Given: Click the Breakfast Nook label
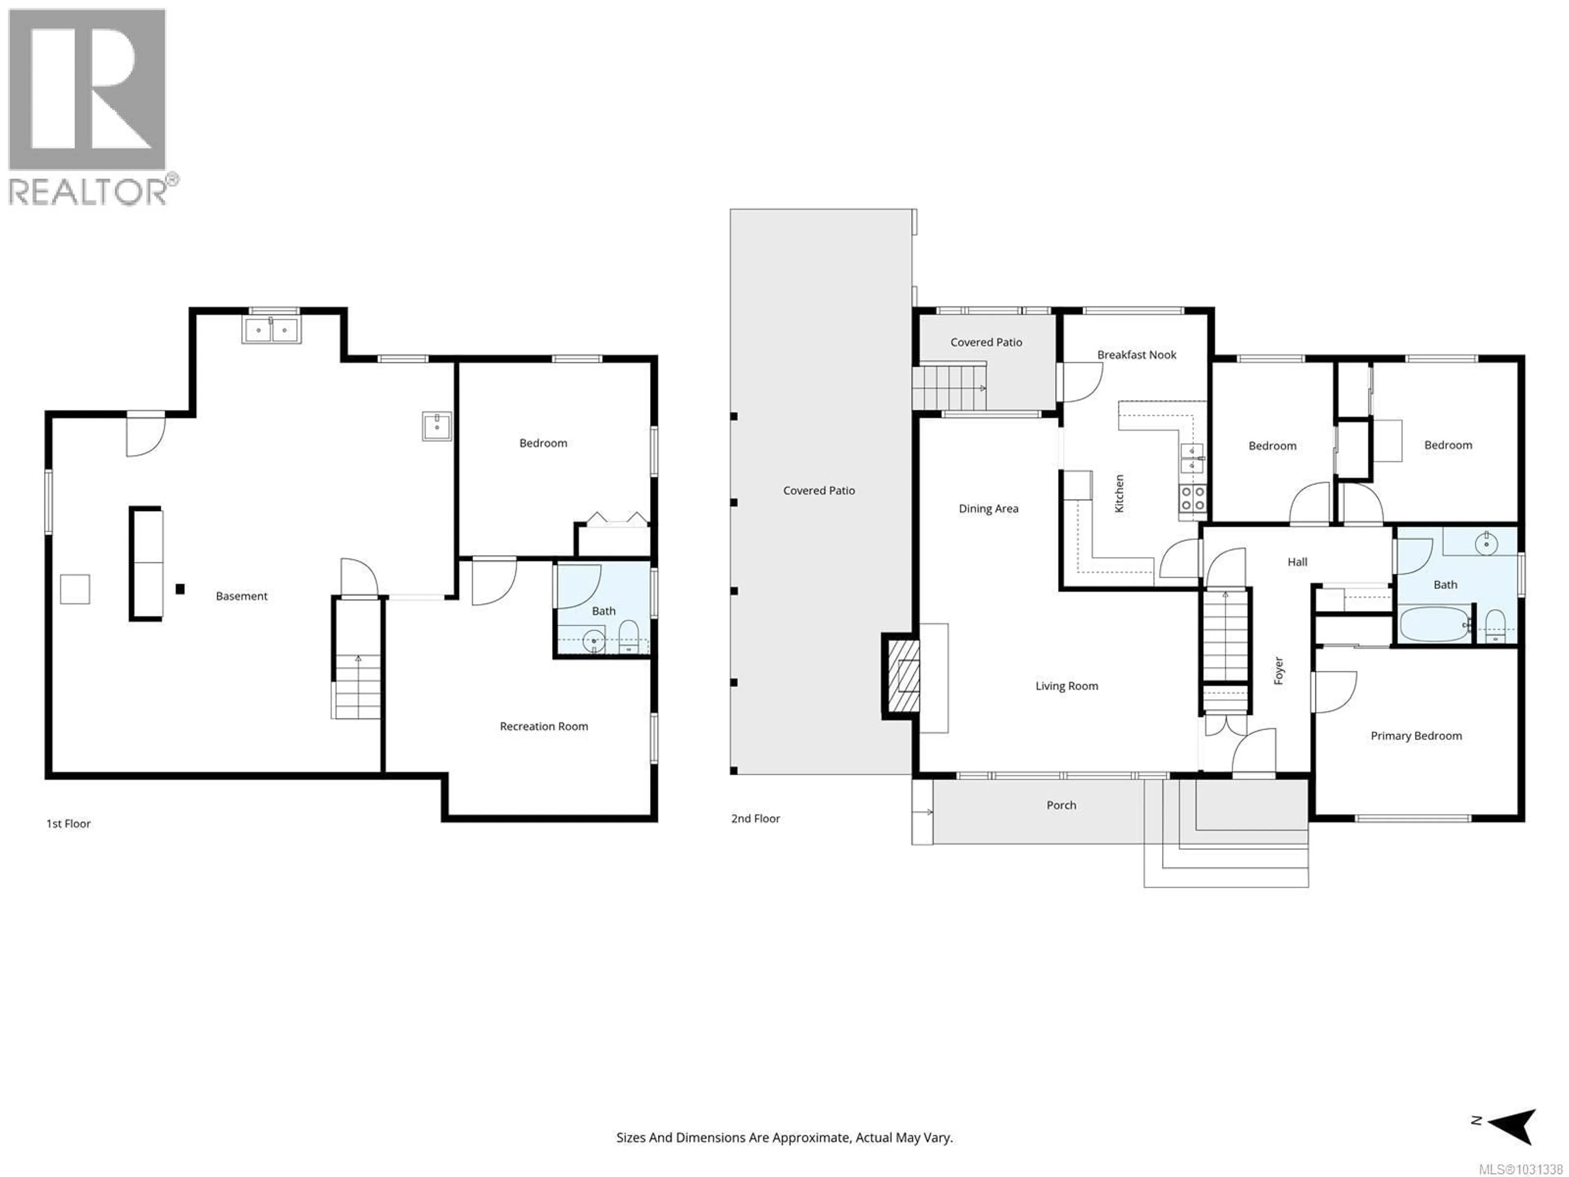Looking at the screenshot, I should click(1136, 355).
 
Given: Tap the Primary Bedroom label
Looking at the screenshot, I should click(1416, 736).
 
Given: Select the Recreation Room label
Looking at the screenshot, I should click(543, 727).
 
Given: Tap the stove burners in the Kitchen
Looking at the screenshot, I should click(1192, 498).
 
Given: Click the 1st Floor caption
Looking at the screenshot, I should click(68, 823).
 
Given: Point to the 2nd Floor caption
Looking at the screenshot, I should click(755, 818).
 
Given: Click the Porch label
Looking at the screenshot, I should click(1061, 805).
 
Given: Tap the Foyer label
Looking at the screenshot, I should click(1278, 671).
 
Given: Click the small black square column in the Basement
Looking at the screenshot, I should click(180, 589).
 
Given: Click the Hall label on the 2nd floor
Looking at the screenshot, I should click(1297, 562).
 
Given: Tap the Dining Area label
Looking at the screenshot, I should click(988, 509).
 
